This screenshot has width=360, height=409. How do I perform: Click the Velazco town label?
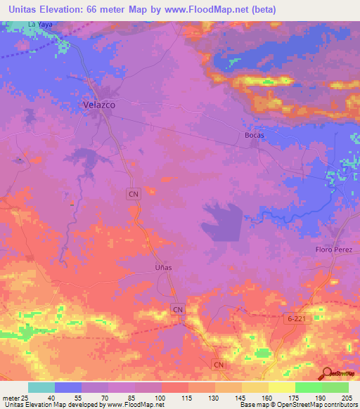click(95, 104)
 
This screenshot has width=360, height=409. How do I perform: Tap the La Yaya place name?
click(40, 24)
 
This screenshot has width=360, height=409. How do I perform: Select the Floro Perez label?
click(337, 250)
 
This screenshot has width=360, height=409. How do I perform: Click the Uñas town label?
click(162, 267)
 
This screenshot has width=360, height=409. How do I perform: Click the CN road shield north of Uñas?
click(134, 193)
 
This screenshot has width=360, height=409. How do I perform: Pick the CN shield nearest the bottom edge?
click(219, 365)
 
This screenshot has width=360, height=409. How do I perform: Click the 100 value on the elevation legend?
click(161, 397)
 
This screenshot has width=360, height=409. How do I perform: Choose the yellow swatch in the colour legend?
click(282, 387)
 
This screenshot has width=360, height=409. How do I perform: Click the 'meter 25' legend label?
click(15, 397)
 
